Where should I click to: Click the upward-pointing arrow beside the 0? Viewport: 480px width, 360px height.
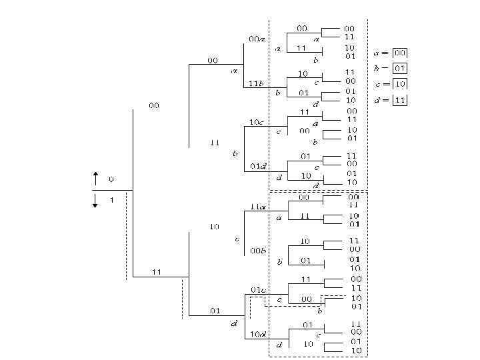[95, 178]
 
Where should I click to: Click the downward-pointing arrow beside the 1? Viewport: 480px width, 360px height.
[95, 200]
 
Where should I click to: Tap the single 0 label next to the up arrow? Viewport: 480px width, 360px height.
[111, 179]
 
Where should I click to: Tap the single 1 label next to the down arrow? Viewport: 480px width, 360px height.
[111, 199]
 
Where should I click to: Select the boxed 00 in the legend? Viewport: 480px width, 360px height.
[400, 53]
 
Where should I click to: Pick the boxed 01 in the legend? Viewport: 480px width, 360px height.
[400, 68]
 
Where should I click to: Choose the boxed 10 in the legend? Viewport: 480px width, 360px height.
[400, 84]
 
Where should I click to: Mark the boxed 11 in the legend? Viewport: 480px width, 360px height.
[400, 100]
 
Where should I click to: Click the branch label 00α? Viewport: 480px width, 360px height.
[257, 39]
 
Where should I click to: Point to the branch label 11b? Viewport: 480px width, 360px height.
[256, 83]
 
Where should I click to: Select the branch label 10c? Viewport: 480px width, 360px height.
[257, 122]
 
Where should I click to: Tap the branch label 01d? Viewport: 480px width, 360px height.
[258, 165]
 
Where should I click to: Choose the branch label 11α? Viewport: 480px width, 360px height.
[257, 207]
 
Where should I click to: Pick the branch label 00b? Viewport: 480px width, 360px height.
[258, 250]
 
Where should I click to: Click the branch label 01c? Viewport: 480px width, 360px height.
[258, 290]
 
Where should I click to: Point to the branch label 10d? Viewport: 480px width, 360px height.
[258, 333]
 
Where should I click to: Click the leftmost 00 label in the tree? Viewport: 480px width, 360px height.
[154, 106]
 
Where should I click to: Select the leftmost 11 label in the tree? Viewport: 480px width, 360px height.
[157, 272]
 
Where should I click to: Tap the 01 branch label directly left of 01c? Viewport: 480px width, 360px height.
[215, 311]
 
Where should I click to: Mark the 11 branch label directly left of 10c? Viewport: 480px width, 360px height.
[215, 143]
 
